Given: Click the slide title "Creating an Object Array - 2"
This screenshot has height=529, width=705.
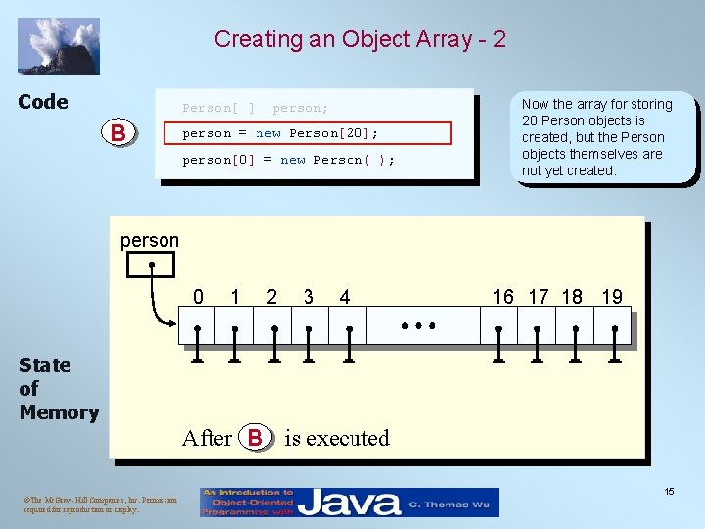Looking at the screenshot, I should point(360,39).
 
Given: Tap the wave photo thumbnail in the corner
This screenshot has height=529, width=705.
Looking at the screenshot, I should point(59,46).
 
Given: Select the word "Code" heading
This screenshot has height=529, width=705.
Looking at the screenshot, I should point(43,102).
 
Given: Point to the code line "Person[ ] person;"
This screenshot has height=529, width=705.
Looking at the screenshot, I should point(256,108).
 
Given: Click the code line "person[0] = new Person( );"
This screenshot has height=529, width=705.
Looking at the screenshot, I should point(289,160).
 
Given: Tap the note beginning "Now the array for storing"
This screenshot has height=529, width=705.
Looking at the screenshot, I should point(597,137).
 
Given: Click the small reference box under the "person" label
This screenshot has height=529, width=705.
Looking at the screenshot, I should point(152,264).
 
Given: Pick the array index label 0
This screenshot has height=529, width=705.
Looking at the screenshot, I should point(199,297).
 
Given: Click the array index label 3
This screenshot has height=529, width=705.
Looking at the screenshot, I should point(309,297).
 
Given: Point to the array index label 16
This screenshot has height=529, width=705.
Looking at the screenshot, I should point(503,297).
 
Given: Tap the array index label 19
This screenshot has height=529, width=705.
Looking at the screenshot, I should point(612,297).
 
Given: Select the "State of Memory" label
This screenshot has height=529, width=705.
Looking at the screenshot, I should point(59,389).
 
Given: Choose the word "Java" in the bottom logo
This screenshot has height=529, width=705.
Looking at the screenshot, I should point(349,504).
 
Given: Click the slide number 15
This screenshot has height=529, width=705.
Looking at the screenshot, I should point(668,491).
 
